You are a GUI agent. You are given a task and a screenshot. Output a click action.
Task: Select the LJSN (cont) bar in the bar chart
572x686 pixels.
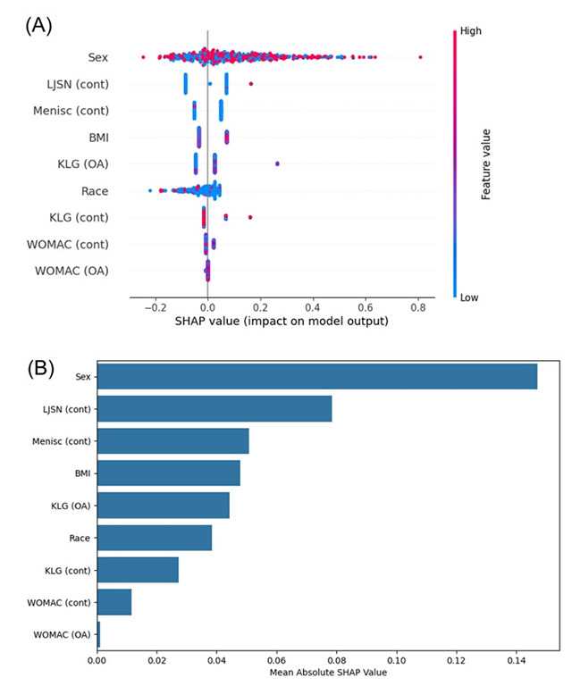(x=214, y=409)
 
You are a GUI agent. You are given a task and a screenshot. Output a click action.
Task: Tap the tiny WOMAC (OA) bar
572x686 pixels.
(x=99, y=634)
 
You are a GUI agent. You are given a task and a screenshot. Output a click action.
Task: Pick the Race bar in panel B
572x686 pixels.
(x=155, y=538)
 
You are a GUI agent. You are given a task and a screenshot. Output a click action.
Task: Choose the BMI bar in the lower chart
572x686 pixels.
(x=169, y=473)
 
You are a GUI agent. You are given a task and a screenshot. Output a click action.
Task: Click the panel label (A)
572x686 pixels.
(x=38, y=24)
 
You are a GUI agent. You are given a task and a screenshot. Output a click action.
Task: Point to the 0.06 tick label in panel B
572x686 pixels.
(x=277, y=662)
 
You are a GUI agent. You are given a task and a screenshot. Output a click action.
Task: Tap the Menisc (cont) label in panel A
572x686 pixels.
(x=79, y=111)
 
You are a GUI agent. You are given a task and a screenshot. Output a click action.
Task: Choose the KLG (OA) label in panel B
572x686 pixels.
(x=71, y=506)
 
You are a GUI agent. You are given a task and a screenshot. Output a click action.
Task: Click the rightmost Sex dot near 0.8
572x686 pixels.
(x=420, y=58)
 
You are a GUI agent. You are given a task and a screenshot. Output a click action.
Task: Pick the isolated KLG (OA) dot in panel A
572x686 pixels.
(x=277, y=163)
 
